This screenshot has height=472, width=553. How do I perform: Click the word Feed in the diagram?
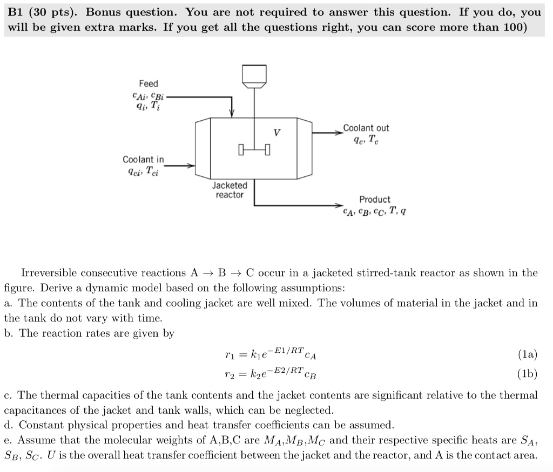pos(149,84)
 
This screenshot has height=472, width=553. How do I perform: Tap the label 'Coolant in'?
pos(143,160)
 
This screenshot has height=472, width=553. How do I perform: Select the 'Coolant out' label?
pos(366,128)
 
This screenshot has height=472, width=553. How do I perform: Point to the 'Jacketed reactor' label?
pos(230,190)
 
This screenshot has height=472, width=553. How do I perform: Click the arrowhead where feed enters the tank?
pos(232,113)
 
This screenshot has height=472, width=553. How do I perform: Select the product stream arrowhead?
pos(339,206)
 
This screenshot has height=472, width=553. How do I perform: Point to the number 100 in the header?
pos(511,27)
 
